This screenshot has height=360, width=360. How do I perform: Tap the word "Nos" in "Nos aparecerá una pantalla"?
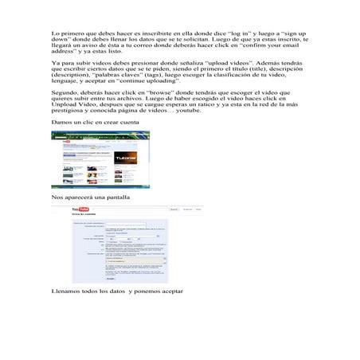[x=56, y=195]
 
